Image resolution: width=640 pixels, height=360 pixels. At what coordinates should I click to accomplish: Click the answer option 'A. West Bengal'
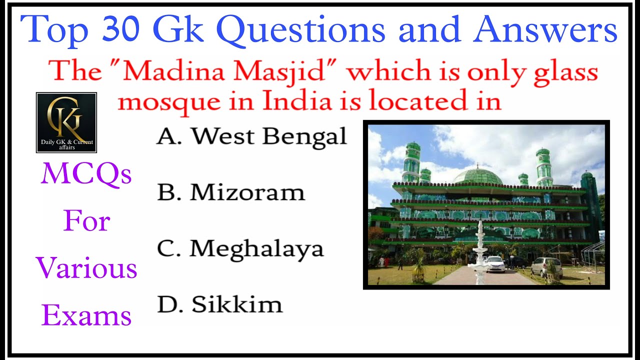[251, 136]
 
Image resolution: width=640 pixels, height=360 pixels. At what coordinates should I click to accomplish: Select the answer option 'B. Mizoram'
[231, 192]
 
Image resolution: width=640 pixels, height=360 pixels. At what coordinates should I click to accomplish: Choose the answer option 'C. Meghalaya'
[240, 249]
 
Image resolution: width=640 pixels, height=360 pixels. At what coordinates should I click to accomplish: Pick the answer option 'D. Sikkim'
[220, 304]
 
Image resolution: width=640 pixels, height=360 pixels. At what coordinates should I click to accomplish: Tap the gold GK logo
[66, 118]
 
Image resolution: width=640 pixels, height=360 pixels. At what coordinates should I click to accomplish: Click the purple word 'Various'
[86, 268]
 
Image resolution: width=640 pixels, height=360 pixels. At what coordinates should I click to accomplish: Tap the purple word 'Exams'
[86, 315]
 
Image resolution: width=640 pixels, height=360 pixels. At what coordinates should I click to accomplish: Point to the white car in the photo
[494, 264]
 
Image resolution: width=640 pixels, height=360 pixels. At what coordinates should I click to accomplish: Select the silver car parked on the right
[546, 266]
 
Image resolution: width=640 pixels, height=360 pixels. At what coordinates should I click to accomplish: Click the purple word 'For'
[86, 221]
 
